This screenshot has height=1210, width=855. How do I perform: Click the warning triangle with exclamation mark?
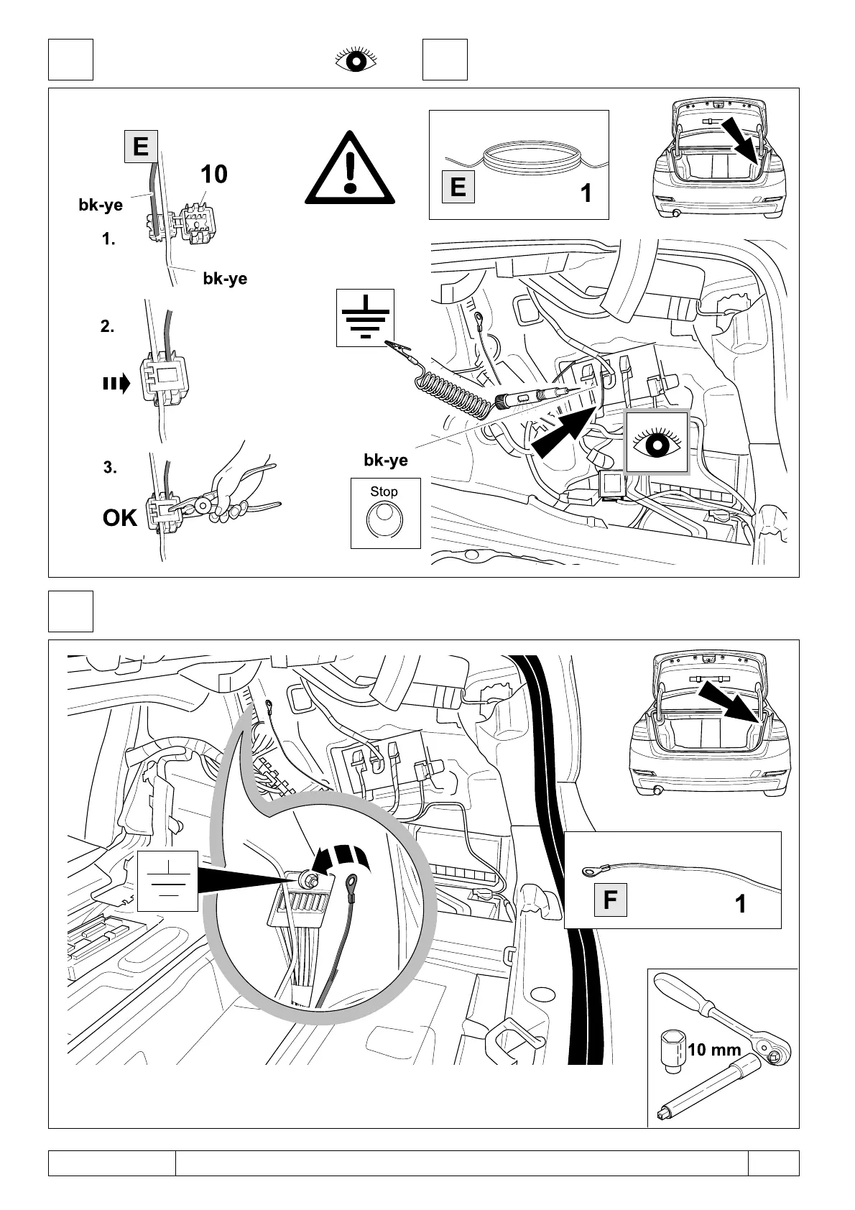350,168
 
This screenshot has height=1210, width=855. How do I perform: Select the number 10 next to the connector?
213,174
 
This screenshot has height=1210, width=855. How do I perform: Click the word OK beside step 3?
120,517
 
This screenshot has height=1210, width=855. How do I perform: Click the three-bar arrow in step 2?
116,384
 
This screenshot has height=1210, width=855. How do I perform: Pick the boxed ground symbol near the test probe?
366,318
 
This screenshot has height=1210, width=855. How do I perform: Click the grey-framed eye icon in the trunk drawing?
657,443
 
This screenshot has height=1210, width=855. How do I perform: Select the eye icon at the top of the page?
356,60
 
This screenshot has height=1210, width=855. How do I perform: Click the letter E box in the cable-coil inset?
458,188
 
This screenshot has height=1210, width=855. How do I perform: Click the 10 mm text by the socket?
714,1050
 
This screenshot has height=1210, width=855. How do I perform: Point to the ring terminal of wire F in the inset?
590,873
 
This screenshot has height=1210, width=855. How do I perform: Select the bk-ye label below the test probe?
386,461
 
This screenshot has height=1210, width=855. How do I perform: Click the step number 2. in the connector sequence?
107,327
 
